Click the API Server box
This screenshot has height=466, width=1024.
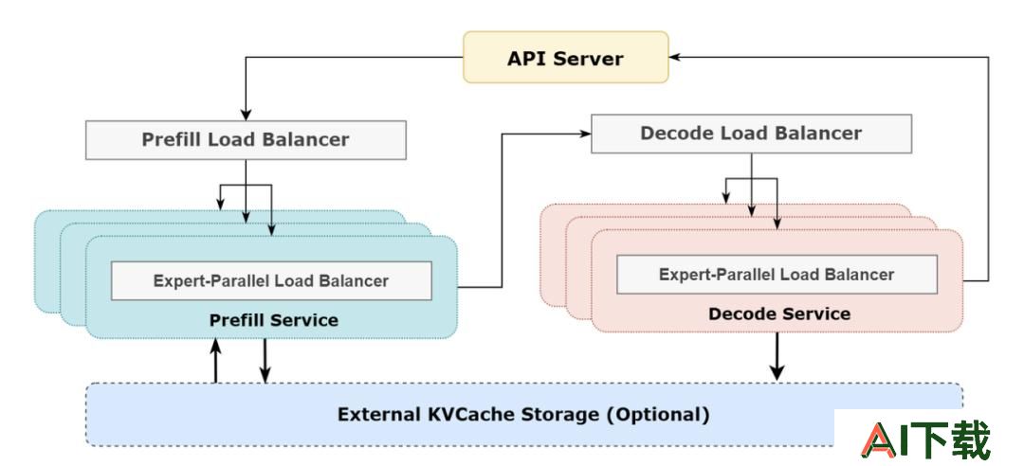(565, 58)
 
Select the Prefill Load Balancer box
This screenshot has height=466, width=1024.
(246, 139)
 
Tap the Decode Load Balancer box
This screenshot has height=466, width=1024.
(751, 134)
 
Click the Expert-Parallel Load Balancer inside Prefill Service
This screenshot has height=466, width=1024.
(271, 280)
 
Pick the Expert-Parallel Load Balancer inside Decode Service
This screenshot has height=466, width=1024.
(777, 274)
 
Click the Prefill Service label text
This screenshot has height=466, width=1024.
(274, 320)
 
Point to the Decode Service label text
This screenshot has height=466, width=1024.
(779, 314)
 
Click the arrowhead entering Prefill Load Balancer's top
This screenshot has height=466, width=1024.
(246, 115)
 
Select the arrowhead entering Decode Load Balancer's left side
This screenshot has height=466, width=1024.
(584, 134)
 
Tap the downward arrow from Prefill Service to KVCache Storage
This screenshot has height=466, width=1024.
(265, 361)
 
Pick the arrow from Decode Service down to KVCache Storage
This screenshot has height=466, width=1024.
(777, 356)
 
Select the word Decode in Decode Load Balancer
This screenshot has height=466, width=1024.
(677, 134)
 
